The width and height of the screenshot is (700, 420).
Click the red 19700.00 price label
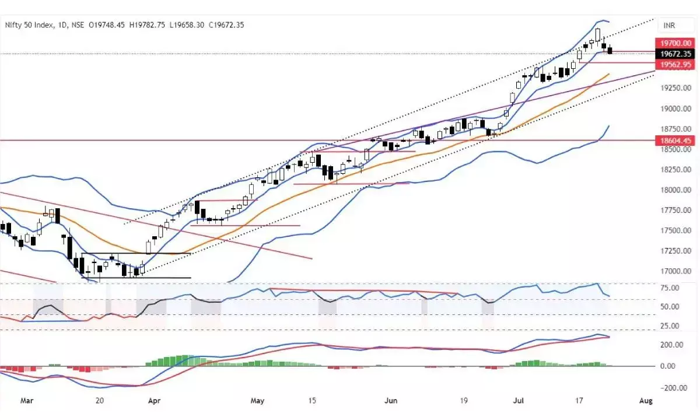[x=675, y=43]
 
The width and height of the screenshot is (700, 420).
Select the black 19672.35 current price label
[x=675, y=54]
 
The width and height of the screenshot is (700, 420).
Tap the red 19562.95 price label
[x=675, y=65]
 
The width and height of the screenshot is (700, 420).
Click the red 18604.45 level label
[x=675, y=141]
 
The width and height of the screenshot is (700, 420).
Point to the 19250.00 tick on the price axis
[x=675, y=88]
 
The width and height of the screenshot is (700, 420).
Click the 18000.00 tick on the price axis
[x=675, y=190]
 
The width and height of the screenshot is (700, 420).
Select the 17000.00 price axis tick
[x=675, y=271]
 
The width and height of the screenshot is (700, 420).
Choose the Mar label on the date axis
[x=27, y=401]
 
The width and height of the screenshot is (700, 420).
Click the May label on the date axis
[x=257, y=401]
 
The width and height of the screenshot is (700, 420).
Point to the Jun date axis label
[x=391, y=401]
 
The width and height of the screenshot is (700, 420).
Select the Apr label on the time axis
[x=154, y=401]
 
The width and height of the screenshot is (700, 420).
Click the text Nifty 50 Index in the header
[x=29, y=24]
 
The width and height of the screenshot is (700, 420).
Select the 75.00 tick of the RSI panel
[x=671, y=288]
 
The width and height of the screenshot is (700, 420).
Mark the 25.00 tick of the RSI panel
[x=671, y=326]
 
